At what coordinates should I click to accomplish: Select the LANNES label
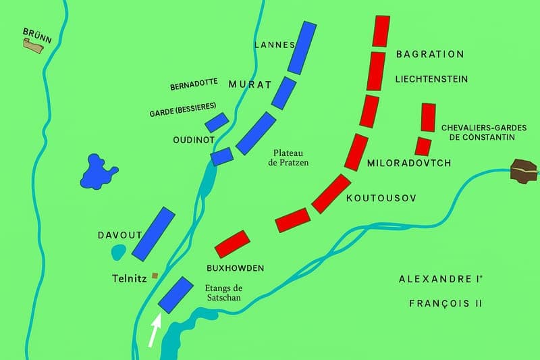click(x=275, y=45)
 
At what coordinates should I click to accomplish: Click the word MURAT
click(x=250, y=85)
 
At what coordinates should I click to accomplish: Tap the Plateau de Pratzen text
click(x=290, y=158)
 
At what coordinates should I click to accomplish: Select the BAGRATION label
click(x=430, y=54)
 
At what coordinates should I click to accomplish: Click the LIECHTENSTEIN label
click(x=431, y=79)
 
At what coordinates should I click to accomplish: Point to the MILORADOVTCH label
click(x=408, y=163)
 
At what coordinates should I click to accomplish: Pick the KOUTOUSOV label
click(x=381, y=199)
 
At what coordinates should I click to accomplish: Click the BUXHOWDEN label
click(x=235, y=268)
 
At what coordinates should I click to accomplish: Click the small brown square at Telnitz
click(x=155, y=276)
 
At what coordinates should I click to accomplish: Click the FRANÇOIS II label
click(x=446, y=304)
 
